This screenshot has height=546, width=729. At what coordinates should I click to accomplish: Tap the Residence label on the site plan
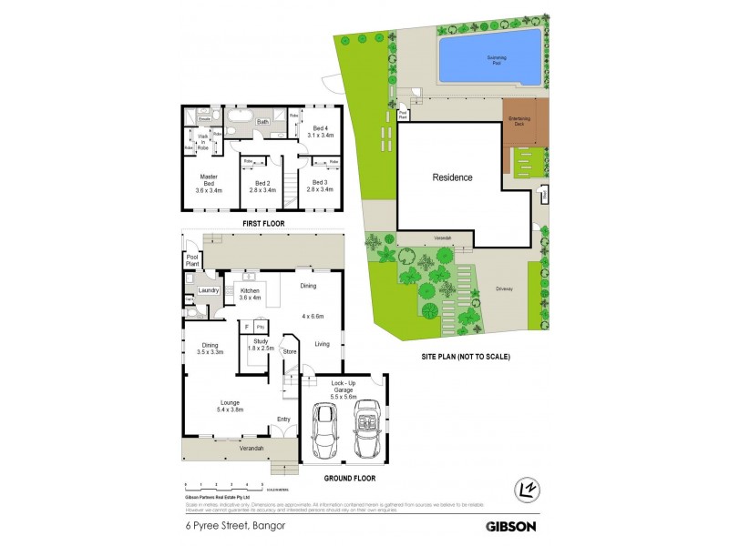coord(452,177)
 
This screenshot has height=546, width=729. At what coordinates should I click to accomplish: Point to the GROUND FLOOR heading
coord(350,479)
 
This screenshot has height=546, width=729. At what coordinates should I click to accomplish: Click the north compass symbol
coord(526,489)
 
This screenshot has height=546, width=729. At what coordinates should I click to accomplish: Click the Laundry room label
coord(209,291)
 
